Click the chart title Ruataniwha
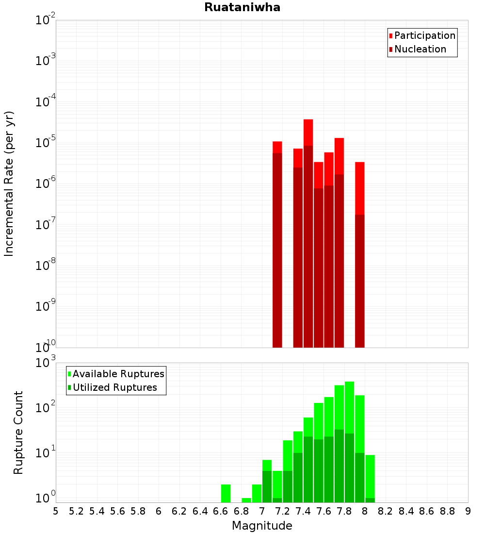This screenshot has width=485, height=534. tap(242, 7)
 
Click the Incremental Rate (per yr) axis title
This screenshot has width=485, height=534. tap(9, 184)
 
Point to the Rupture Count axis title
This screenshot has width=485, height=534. tap(18, 433)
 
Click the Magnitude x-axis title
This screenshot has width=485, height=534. tap(262, 526)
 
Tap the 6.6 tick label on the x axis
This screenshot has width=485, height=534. tap(221, 511)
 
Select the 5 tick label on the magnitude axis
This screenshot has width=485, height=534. tap(56, 511)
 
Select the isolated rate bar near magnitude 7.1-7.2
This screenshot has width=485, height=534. tap(277, 243)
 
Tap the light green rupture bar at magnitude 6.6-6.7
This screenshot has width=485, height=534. tap(226, 493)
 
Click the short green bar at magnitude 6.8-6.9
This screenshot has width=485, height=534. tap(246, 500)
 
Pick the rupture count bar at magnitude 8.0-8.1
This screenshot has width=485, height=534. tap(370, 478)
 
